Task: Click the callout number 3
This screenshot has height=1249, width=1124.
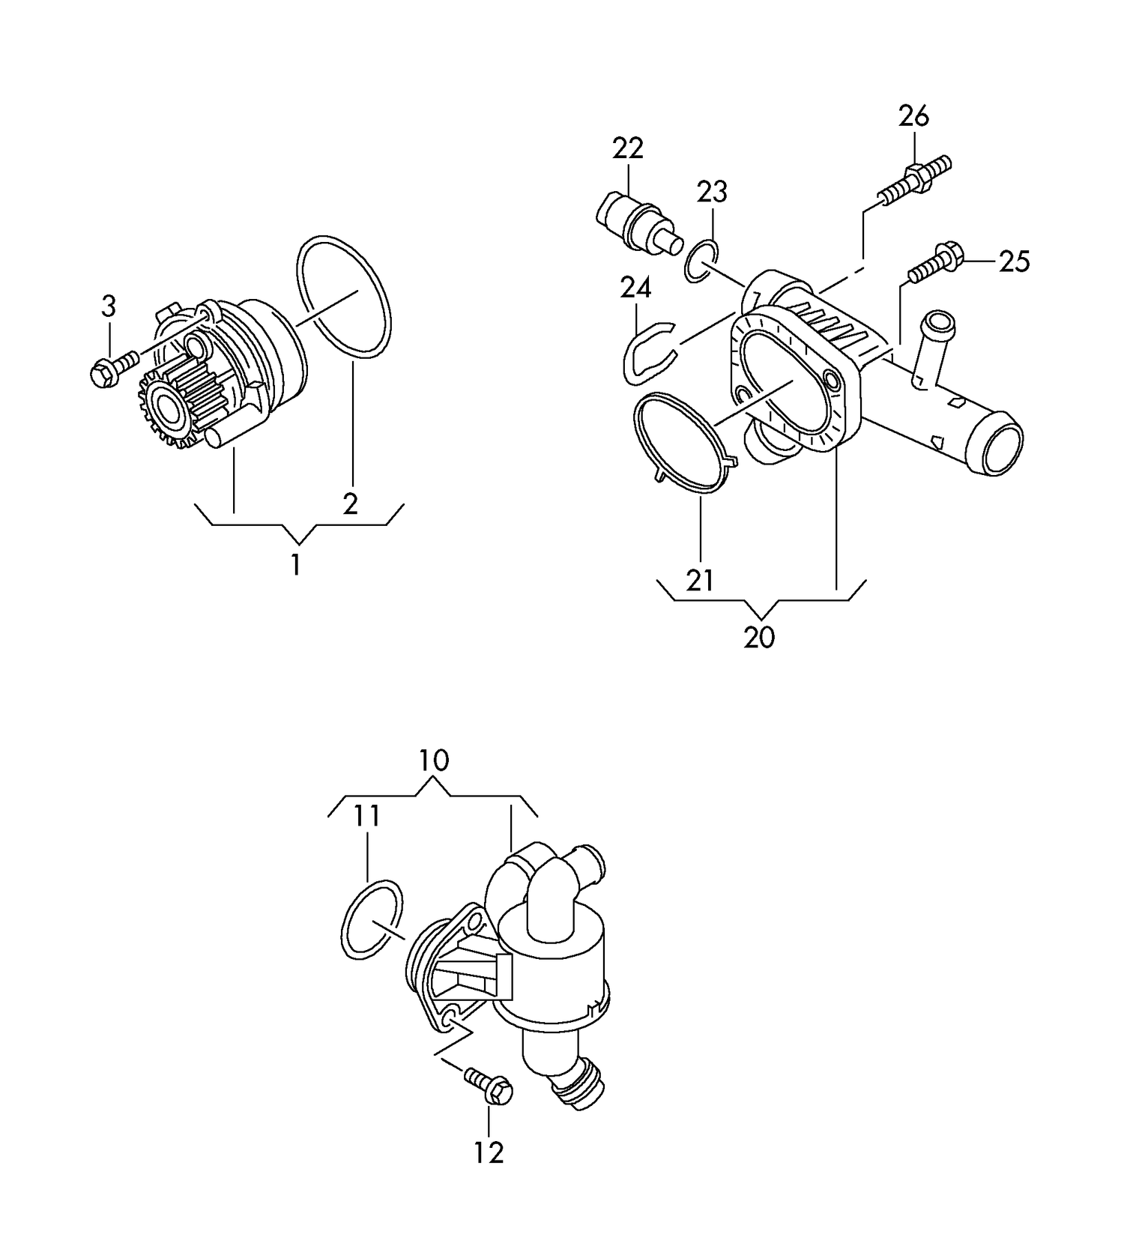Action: (109, 306)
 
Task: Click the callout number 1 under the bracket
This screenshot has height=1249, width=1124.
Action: (296, 564)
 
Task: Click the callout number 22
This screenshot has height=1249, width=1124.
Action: (628, 148)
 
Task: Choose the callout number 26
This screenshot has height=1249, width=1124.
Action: (913, 116)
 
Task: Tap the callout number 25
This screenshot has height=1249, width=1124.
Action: (1015, 261)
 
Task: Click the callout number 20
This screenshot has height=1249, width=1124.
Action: (759, 638)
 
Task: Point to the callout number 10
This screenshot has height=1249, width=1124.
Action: (434, 760)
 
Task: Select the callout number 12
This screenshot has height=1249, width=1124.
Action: (489, 1152)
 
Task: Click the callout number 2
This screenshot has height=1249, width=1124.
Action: (351, 503)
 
